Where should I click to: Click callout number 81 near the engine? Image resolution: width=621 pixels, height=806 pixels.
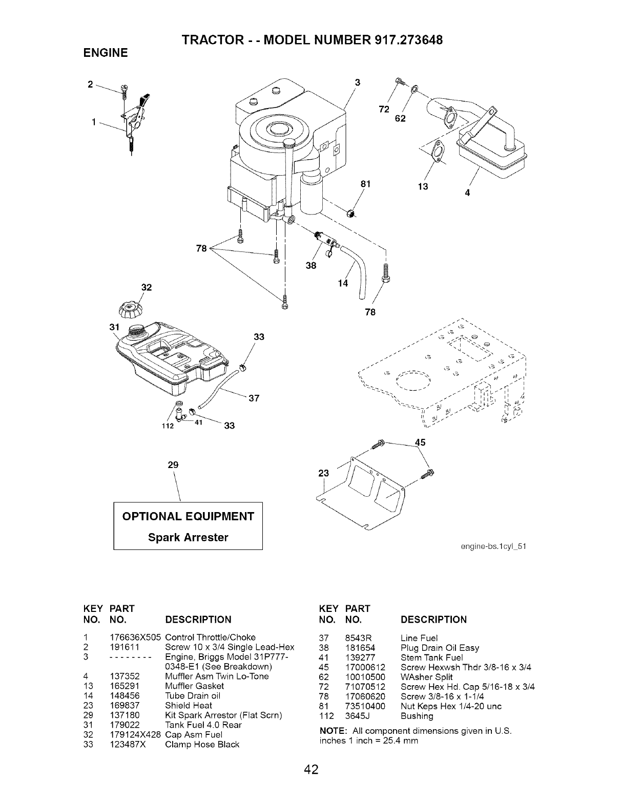click(366, 184)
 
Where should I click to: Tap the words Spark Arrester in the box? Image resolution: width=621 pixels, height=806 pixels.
click(188, 538)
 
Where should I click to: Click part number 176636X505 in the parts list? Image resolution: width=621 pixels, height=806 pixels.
click(135, 637)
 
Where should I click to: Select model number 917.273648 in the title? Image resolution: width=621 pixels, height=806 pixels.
click(409, 40)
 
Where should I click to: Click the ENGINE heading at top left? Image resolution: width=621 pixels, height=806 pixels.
click(106, 53)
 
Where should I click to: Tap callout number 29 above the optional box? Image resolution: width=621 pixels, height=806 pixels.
click(173, 465)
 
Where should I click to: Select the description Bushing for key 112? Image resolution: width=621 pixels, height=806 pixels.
click(417, 716)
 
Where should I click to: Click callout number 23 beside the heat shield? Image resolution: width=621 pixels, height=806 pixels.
click(323, 473)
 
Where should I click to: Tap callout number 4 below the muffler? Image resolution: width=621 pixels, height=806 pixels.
click(467, 193)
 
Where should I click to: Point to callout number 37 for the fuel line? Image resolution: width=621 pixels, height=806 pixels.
click(254, 398)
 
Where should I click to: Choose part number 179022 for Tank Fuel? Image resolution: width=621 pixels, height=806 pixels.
click(125, 725)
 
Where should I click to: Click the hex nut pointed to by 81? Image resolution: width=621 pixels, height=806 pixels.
click(350, 214)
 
